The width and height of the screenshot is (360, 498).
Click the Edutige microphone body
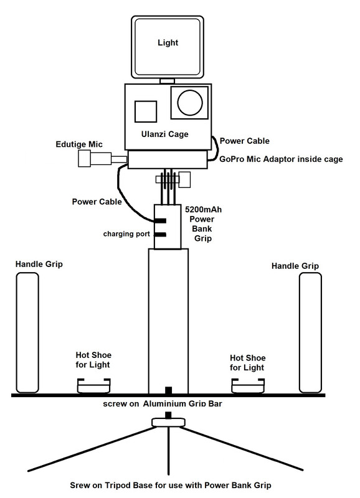pos(93,160)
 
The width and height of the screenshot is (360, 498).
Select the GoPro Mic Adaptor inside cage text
pos(282,159)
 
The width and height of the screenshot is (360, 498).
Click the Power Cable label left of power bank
pos(97,202)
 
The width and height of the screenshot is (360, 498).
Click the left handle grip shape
pos(27,333)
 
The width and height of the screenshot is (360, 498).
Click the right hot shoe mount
pos(248,387)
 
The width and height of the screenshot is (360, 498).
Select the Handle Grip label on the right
pos(295,266)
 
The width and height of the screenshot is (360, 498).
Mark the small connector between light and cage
pos(167,81)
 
